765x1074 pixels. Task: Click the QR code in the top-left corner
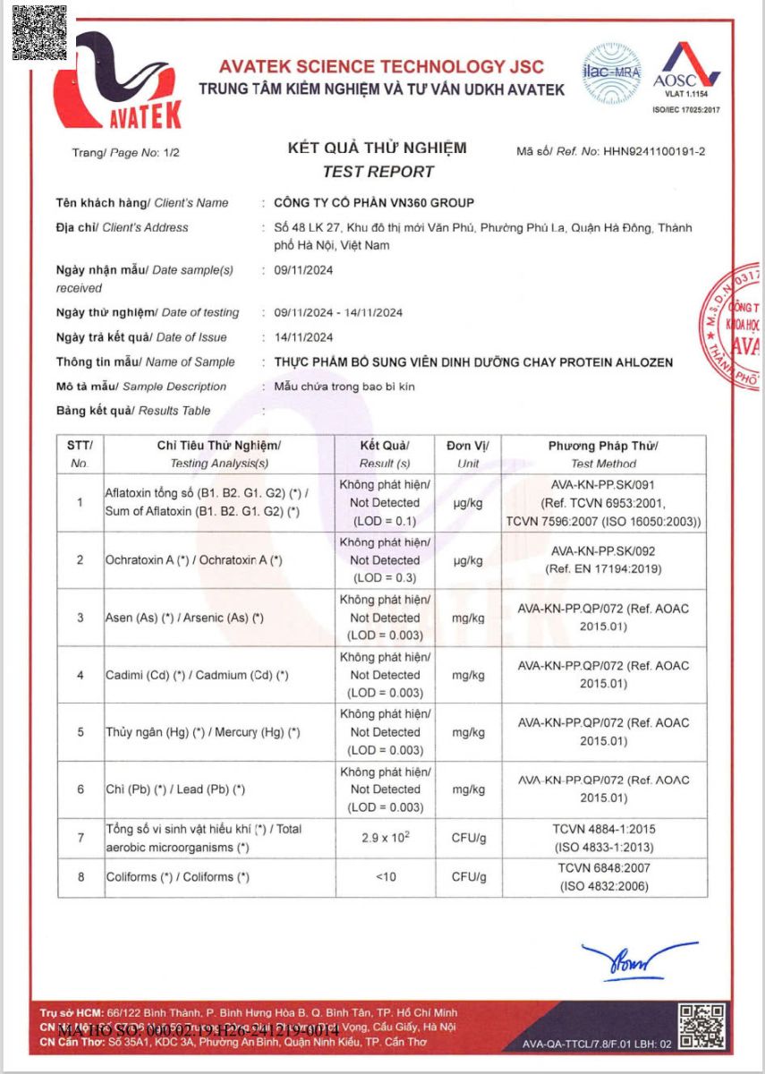coord(39,32)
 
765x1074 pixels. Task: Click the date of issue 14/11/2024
coord(303,337)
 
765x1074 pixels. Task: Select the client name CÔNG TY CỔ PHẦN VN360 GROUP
coord(374,203)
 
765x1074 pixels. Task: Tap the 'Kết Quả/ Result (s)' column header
coord(385,454)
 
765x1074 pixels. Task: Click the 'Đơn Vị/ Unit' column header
coord(467,454)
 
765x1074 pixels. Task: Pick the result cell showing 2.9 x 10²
coord(385,839)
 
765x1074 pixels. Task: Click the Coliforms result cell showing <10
coord(385,877)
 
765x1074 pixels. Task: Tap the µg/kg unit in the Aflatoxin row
coord(467,503)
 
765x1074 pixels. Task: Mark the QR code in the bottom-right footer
coord(701,1026)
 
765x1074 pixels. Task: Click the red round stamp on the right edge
coord(741,328)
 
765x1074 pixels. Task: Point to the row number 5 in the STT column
coord(81,732)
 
